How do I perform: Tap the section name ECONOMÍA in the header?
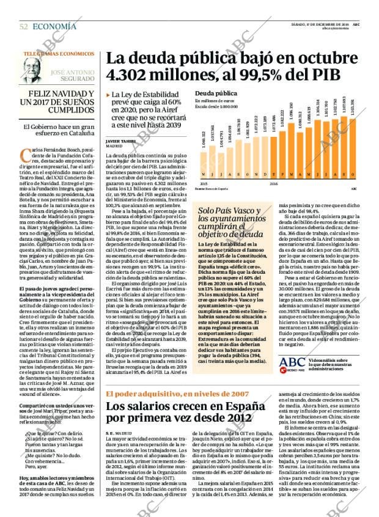(54, 26)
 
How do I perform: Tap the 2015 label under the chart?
(204, 183)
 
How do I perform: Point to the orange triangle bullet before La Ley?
(108, 95)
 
